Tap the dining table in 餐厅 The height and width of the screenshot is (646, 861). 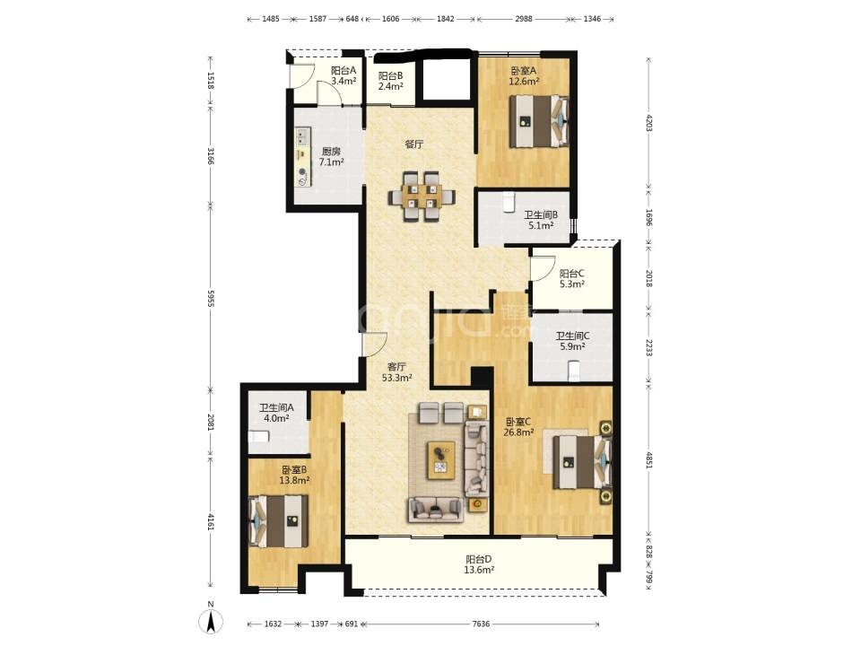click(x=422, y=196)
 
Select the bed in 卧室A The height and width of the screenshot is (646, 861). click(x=539, y=121)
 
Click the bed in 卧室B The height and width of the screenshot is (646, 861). click(x=278, y=521)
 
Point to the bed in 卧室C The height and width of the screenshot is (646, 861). click(x=581, y=462)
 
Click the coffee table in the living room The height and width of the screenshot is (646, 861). click(x=441, y=459)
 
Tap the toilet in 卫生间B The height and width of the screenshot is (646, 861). click(x=508, y=202)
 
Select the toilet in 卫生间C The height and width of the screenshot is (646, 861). click(x=574, y=371)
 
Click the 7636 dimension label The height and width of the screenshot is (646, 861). click(x=481, y=624)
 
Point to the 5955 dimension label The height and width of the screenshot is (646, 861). click(x=211, y=298)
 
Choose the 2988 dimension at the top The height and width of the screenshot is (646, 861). click(x=523, y=19)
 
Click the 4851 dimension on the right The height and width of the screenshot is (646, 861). click(x=649, y=460)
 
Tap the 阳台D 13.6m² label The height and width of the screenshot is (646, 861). click(x=479, y=564)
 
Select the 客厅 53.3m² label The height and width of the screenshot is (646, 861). click(x=397, y=371)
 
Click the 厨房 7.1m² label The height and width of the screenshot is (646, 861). click(x=331, y=156)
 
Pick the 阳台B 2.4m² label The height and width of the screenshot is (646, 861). click(x=391, y=81)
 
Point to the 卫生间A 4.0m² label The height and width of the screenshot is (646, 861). click(x=276, y=413)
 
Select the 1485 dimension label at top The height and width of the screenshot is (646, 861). click(x=271, y=19)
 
